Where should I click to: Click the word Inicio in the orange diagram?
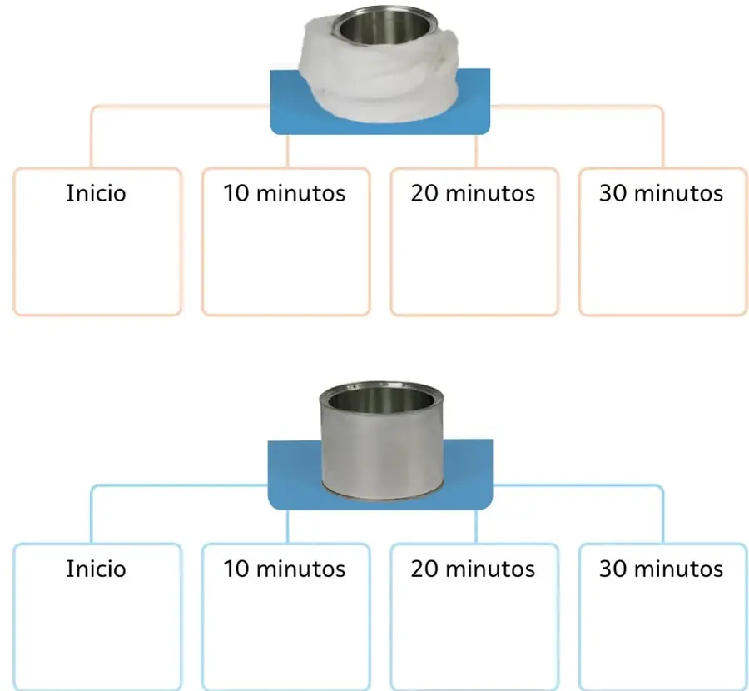pyautogui.click(x=96, y=193)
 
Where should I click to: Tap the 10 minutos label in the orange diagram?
pyautogui.click(x=285, y=193)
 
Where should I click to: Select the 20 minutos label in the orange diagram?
pyautogui.click(x=473, y=193)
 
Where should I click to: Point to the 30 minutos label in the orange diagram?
pyautogui.click(x=661, y=193)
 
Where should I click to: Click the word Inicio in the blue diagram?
pyautogui.click(x=96, y=569)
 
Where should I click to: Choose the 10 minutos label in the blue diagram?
pyautogui.click(x=285, y=569)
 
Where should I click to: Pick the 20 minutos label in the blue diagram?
pyautogui.click(x=473, y=569)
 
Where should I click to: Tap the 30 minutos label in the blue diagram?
pyautogui.click(x=661, y=569)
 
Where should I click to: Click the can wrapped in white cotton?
pyautogui.click(x=379, y=64)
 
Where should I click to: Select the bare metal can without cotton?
pyautogui.click(x=381, y=440)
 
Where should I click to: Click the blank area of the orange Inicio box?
pyautogui.click(x=97, y=261)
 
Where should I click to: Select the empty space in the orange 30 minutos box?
pyautogui.click(x=663, y=261)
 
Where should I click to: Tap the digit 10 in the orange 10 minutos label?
pyautogui.click(x=236, y=193)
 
